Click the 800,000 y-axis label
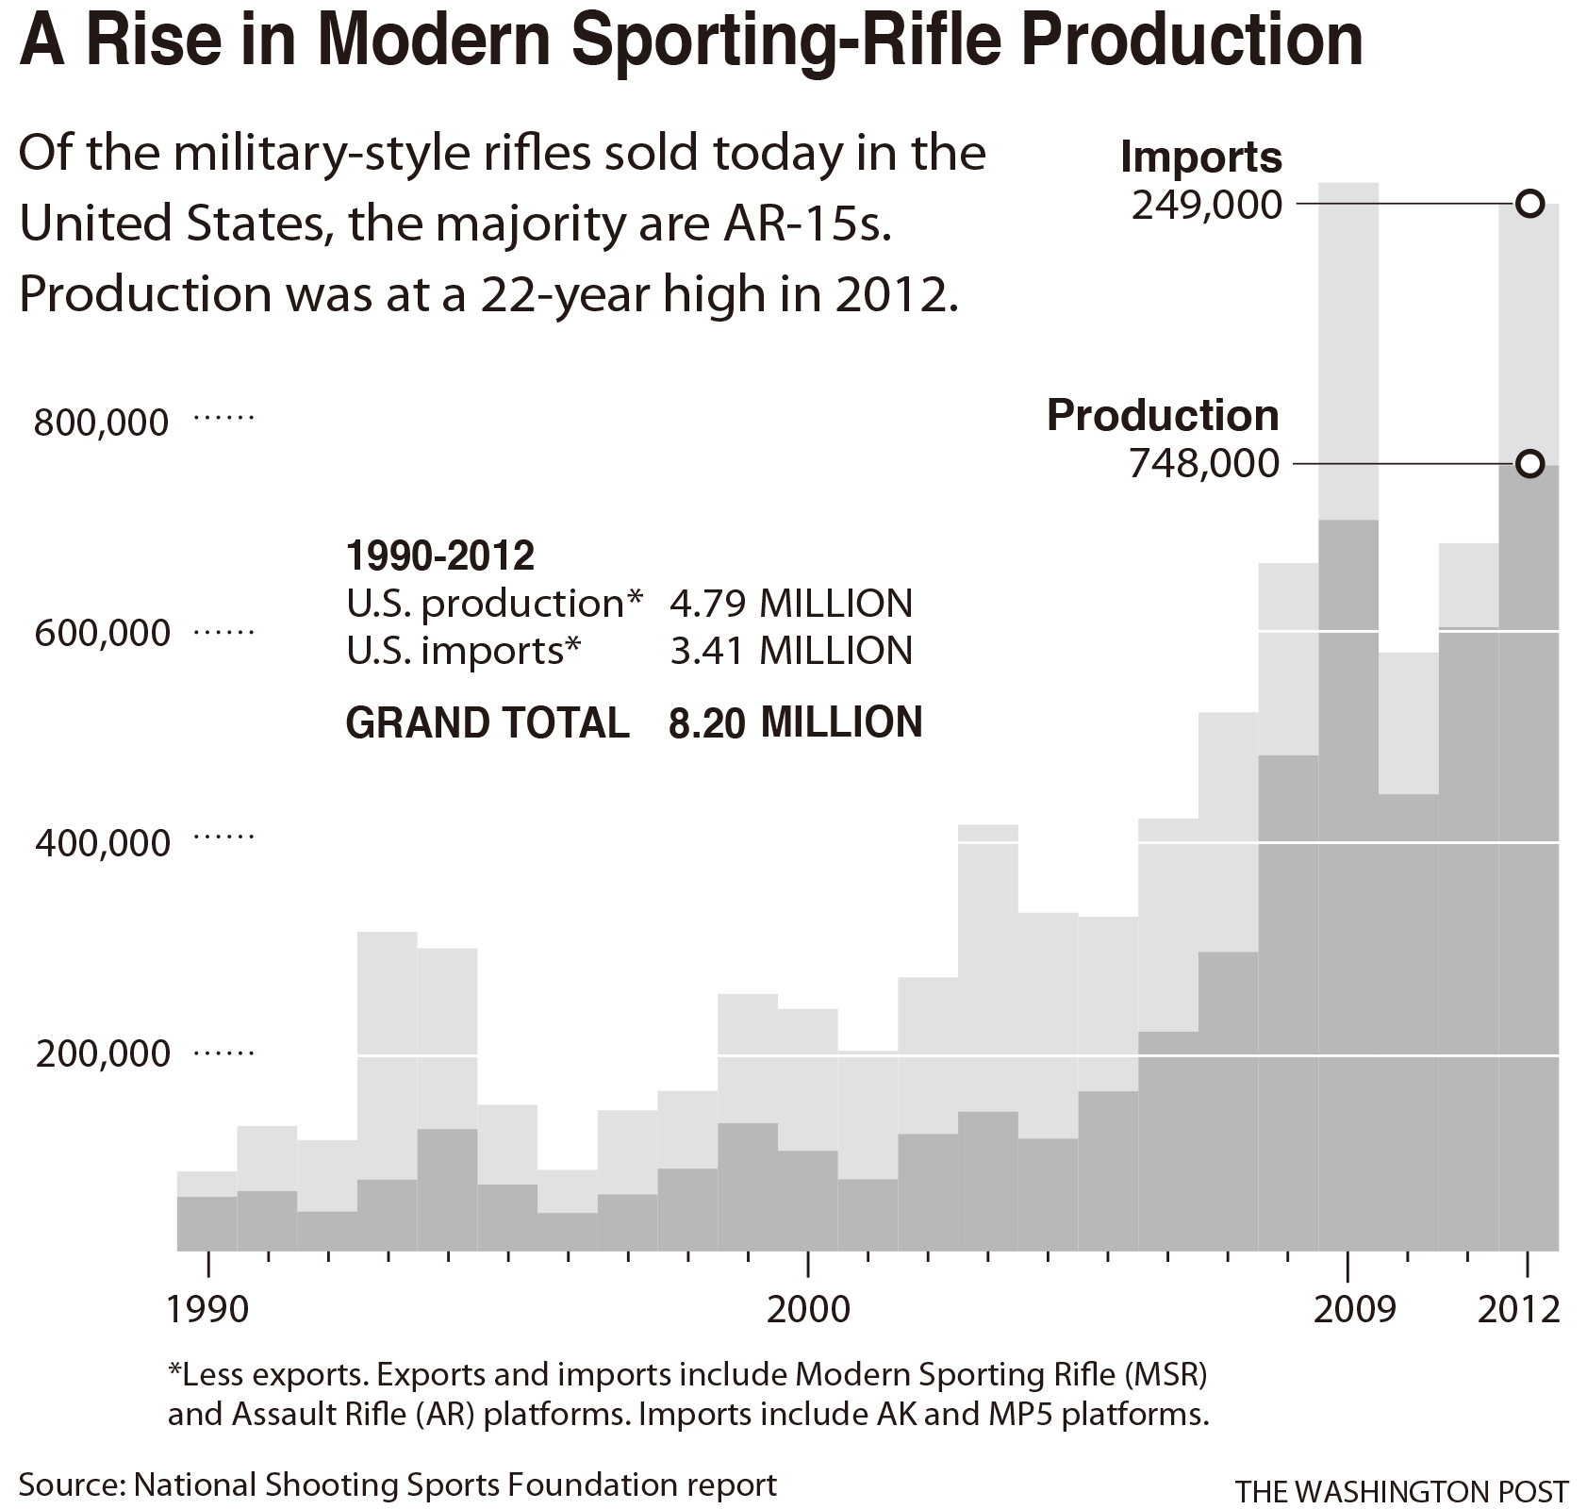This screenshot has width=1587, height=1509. [101, 422]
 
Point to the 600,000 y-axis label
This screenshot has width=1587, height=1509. [102, 632]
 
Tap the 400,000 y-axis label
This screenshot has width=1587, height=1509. [102, 842]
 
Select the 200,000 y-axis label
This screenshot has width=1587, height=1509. [102, 1053]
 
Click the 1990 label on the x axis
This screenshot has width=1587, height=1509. [207, 1309]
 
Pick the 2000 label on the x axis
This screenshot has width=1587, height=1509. [808, 1309]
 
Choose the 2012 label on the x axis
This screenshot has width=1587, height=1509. [1518, 1309]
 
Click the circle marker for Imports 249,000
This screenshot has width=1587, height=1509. [1529, 204]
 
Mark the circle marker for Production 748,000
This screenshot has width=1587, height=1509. [1529, 463]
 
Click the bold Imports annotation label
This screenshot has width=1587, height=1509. [1201, 158]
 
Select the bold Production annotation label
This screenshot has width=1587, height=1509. [1163, 416]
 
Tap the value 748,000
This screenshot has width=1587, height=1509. [1204, 464]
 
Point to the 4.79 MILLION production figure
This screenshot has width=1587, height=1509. [790, 604]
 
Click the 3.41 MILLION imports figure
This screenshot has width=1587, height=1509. [790, 651]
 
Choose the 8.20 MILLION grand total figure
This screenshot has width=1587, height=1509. [794, 722]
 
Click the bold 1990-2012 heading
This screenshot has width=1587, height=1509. [440, 556]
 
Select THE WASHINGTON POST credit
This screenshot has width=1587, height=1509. [1401, 1491]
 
